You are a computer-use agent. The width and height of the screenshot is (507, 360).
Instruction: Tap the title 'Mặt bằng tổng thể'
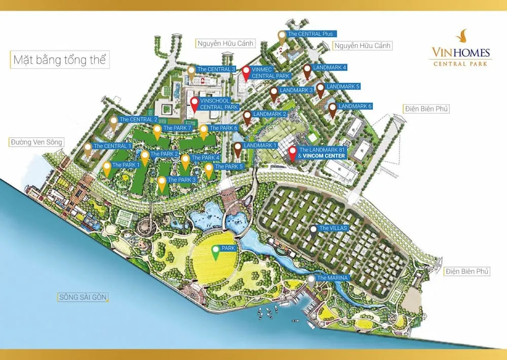pos(59,60)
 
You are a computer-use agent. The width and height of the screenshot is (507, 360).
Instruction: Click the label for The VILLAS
pos(333,228)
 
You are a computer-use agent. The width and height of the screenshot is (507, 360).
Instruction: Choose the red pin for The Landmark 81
pos(293,153)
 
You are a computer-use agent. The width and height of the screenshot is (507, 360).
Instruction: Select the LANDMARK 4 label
pos(330,67)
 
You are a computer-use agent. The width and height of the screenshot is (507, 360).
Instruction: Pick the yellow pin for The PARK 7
pos(157,131)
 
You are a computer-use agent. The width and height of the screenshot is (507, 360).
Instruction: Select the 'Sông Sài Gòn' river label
pos(83,297)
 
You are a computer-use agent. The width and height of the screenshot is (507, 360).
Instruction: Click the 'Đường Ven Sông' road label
pos(36,142)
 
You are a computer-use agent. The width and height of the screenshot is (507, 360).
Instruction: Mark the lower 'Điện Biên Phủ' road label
pos(467,271)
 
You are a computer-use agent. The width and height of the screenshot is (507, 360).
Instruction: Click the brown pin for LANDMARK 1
pos(237,149)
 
